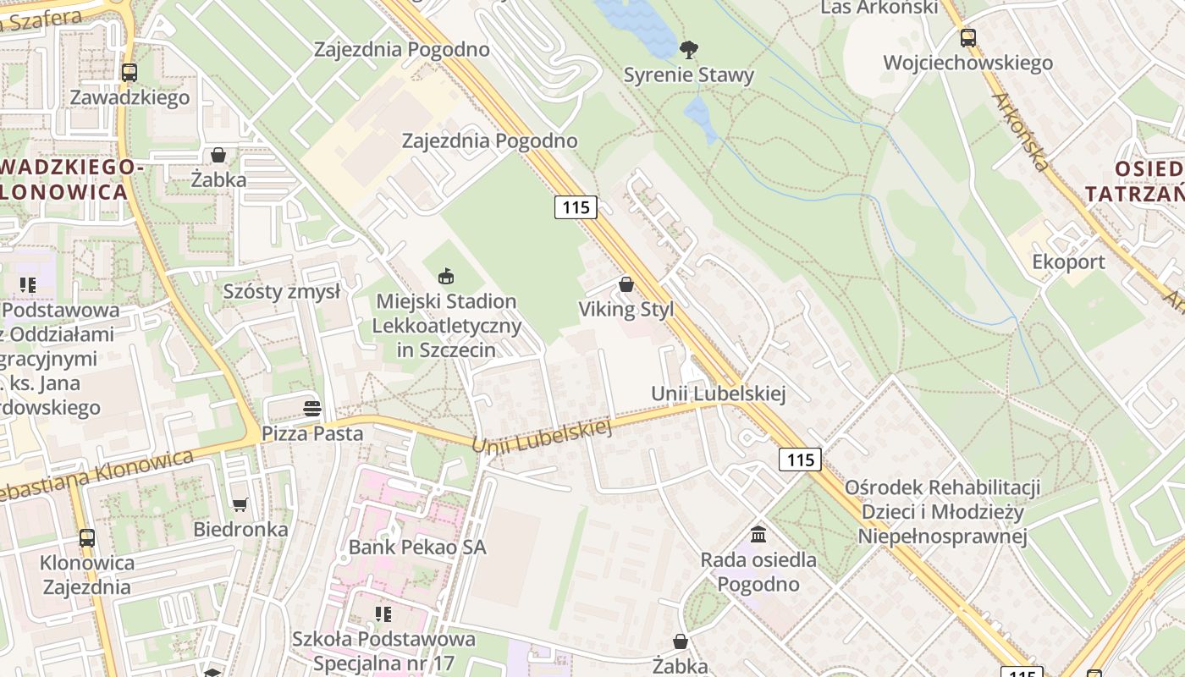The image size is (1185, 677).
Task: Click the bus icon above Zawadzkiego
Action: click(129, 73)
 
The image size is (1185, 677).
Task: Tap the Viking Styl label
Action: click(626, 310)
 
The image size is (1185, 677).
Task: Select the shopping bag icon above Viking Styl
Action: click(626, 284)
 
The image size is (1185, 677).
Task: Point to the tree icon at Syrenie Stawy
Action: click(689, 50)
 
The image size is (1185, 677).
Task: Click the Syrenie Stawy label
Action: click(688, 75)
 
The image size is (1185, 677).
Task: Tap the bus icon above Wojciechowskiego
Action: click(967, 38)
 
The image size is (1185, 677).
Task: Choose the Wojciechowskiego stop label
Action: click(967, 63)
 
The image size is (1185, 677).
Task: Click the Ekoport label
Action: click(1068, 262)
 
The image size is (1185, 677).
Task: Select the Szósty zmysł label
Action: click(282, 292)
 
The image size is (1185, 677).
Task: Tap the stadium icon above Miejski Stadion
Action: click(446, 276)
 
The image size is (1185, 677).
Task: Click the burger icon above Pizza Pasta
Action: click(311, 409)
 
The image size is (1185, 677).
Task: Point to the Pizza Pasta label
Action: click(311, 434)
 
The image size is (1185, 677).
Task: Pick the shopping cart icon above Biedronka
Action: click(240, 505)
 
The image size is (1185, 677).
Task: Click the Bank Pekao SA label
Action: click(417, 548)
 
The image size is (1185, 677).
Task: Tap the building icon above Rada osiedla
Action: click(758, 535)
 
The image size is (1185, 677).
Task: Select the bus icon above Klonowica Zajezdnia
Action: click(86, 538)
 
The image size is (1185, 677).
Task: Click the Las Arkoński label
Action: click(880, 8)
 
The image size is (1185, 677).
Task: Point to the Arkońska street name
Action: click(1021, 130)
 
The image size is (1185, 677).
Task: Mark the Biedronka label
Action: click(240, 530)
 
